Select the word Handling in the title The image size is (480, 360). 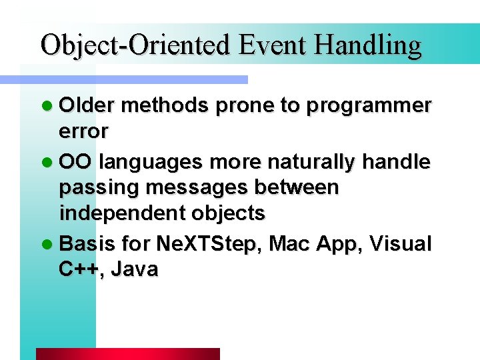369,46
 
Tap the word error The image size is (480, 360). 83,132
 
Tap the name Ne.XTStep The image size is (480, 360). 210,244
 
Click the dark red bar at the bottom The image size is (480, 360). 127,354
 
